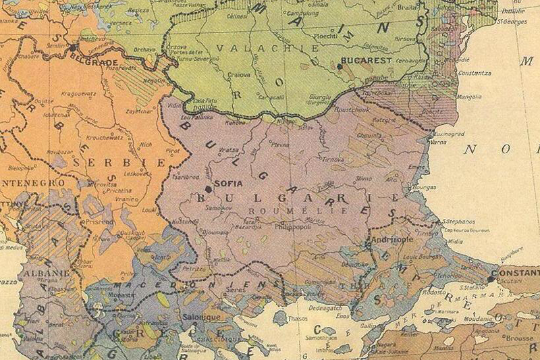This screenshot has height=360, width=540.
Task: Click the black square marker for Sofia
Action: [x=208, y=189]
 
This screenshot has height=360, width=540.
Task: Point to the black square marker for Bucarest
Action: [x=340, y=66]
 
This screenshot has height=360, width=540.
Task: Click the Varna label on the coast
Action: [x=438, y=143]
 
